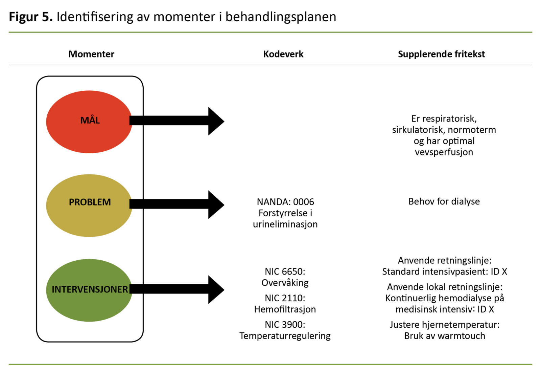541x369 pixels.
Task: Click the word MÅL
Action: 90,120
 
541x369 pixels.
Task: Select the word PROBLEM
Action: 90,202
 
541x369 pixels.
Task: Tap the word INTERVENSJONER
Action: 90,289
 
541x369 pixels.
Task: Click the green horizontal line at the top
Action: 270,32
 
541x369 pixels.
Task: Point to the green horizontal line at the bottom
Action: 270,364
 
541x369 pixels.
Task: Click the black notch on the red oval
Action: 131,121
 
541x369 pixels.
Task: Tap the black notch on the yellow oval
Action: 131,204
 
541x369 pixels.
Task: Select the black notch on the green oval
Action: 131,289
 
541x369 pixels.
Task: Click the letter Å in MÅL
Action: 91,120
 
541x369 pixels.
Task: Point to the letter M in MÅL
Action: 84,121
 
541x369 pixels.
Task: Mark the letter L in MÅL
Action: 97,121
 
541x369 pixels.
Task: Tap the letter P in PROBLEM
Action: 71,202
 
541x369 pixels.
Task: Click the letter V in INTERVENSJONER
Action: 79,289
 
